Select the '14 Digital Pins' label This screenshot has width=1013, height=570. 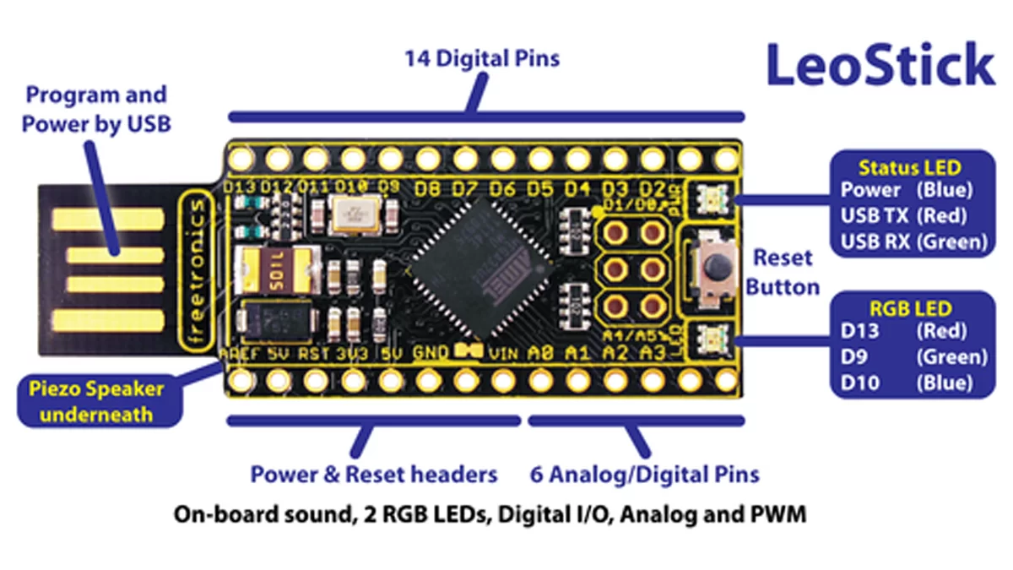click(482, 59)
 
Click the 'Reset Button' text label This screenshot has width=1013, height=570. click(783, 271)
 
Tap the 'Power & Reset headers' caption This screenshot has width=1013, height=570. click(373, 475)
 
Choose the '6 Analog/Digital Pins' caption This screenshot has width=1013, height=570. click(644, 475)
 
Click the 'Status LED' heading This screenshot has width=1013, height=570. click(909, 168)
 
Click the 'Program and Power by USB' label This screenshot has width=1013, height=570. click(95, 109)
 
